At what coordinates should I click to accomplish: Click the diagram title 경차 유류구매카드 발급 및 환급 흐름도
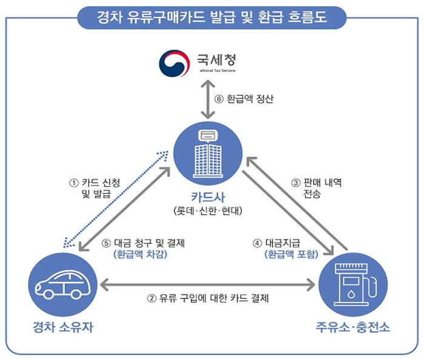[x=212, y=16]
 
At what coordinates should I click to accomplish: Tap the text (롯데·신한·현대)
[x=208, y=211]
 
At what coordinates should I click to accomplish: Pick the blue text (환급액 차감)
[x=141, y=255]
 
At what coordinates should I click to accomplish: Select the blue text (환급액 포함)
[x=291, y=255]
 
